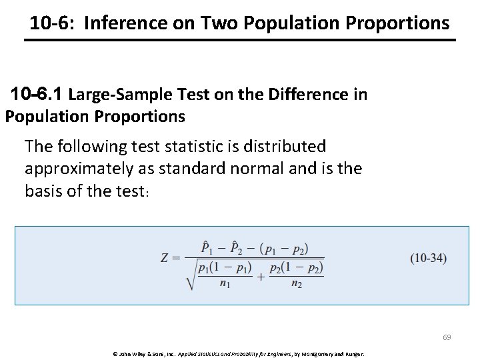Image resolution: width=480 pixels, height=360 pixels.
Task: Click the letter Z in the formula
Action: [165, 258]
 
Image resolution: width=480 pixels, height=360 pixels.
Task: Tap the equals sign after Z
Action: [177, 258]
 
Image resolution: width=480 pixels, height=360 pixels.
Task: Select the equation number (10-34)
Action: [428, 258]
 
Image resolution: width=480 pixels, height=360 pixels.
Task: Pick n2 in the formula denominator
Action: [297, 283]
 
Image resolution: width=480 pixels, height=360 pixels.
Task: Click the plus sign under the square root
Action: [261, 275]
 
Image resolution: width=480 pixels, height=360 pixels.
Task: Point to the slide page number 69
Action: [447, 337]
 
